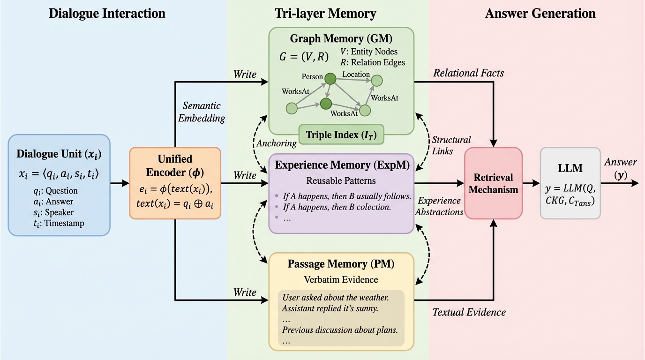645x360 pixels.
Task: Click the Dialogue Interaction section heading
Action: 107,13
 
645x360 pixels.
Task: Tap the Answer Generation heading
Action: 540,13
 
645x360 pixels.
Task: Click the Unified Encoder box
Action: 175,183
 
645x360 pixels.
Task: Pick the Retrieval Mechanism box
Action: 493,183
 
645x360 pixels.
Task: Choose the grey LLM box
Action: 570,183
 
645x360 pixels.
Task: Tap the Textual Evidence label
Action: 469,312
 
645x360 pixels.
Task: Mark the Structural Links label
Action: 451,145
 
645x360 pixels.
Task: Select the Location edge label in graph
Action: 356,75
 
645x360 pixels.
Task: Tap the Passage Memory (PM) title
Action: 341,264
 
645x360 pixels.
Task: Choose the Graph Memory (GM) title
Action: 341,38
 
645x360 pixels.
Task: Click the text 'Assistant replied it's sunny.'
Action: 330,308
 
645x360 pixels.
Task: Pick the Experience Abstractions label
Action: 439,206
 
